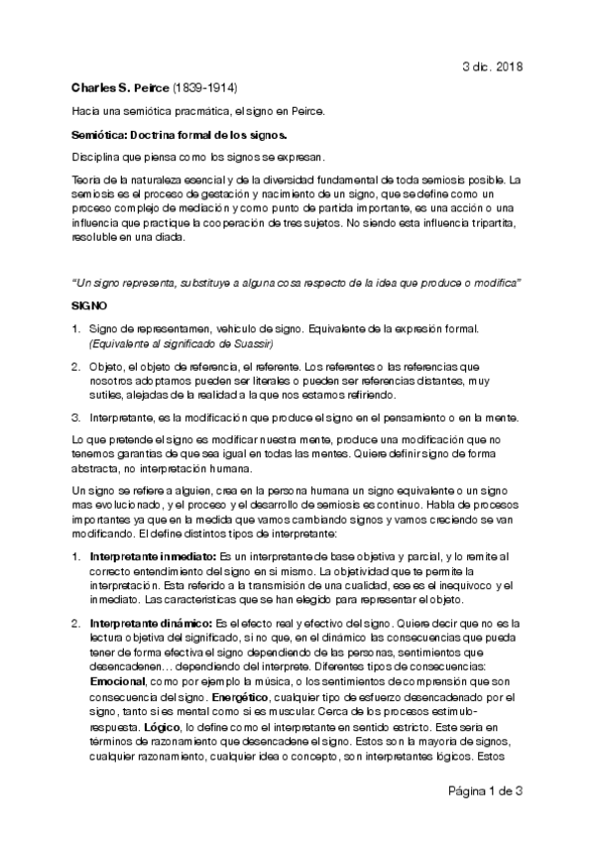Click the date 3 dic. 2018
click(493, 65)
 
